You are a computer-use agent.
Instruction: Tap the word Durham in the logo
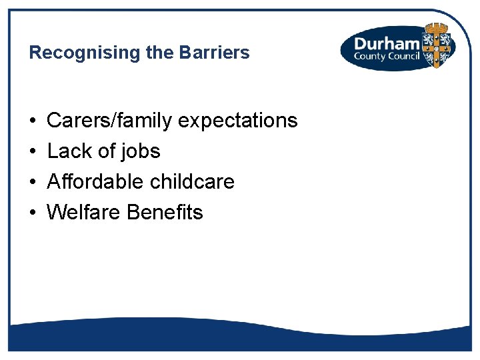386,43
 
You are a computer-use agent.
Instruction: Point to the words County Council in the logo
387,56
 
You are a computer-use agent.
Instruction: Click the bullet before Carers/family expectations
33,121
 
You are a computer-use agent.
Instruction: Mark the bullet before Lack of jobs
33,152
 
